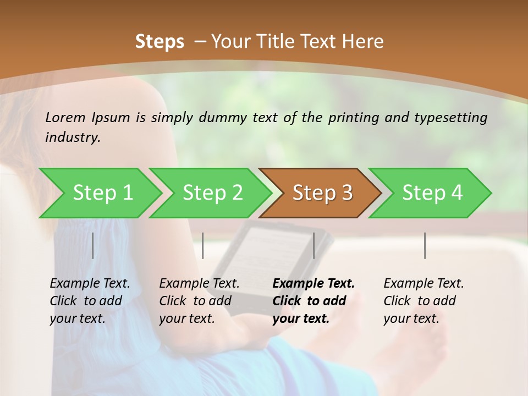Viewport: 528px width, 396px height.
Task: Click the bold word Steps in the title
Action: point(159,42)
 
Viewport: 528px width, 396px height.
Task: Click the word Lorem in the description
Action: point(65,117)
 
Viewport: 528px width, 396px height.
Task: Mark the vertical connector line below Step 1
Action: point(93,245)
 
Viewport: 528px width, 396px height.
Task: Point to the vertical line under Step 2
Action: point(203,245)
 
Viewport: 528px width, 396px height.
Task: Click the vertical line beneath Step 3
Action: point(313,245)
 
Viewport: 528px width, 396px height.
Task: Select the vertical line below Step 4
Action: point(425,245)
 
